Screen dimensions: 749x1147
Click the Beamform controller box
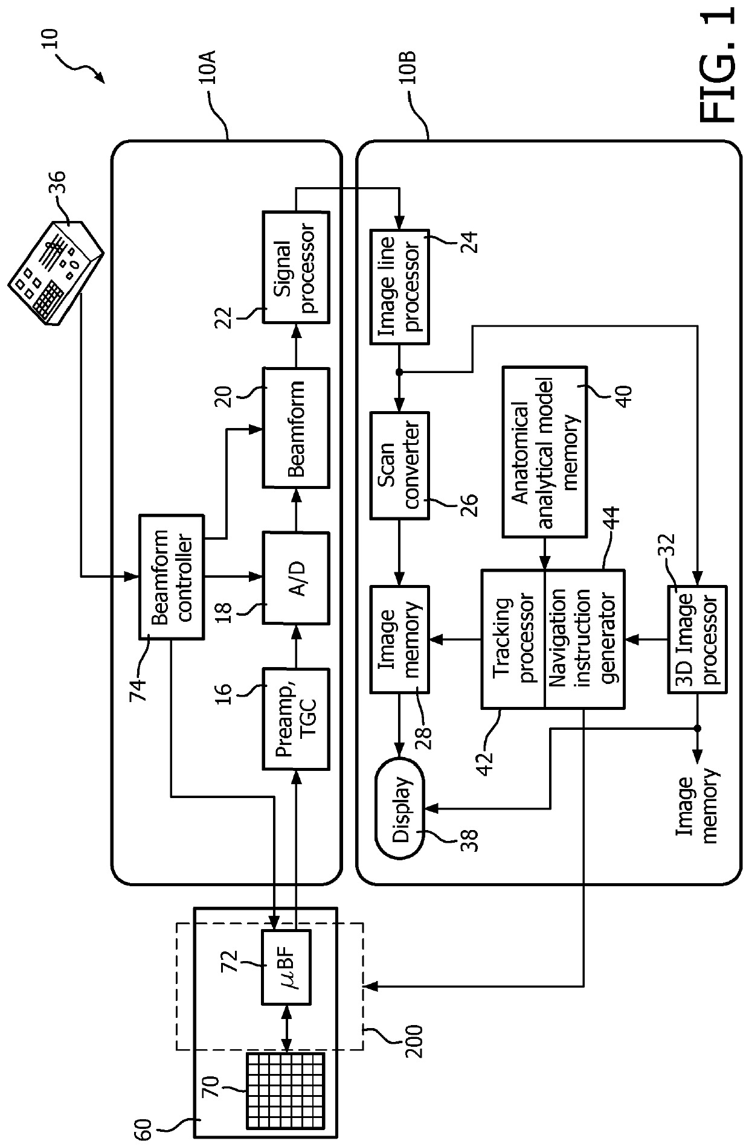[x=172, y=577]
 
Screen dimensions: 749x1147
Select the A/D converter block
[x=296, y=578]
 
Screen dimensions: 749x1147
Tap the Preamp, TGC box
[x=296, y=718]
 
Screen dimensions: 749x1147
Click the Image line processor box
[x=399, y=287]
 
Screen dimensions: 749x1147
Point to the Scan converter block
[x=399, y=465]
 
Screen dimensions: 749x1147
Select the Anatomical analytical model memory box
[x=544, y=451]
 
